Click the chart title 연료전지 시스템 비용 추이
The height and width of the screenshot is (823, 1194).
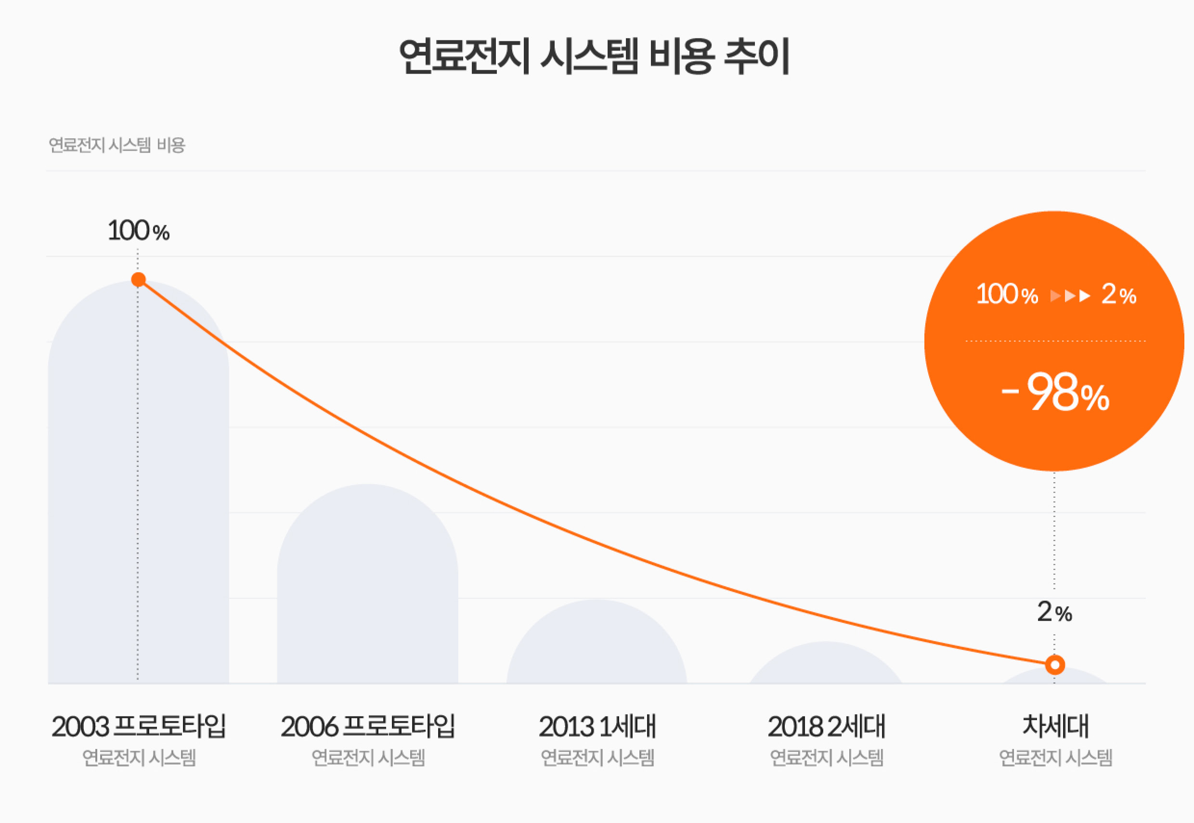point(595,56)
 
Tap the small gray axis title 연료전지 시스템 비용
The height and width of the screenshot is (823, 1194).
point(117,145)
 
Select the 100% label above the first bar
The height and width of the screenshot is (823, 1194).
point(138,231)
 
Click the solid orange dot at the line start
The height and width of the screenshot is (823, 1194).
point(138,279)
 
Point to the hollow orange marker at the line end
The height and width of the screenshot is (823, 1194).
point(1055,665)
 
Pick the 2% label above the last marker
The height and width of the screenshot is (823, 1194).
point(1054,612)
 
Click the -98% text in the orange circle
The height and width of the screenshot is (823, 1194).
point(1055,393)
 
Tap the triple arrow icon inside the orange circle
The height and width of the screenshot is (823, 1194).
point(1070,296)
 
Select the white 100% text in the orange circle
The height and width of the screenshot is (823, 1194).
point(1007,294)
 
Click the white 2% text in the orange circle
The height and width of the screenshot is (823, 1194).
point(1119,294)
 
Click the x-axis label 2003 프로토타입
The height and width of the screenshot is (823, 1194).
point(139,726)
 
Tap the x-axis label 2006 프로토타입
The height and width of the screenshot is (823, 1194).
point(367,726)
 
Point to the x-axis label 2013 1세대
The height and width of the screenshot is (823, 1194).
point(597,726)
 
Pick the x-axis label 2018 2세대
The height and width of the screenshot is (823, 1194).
point(826,726)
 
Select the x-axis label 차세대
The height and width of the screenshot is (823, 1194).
point(1055,726)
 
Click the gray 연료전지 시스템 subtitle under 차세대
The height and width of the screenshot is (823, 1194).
point(1055,758)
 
